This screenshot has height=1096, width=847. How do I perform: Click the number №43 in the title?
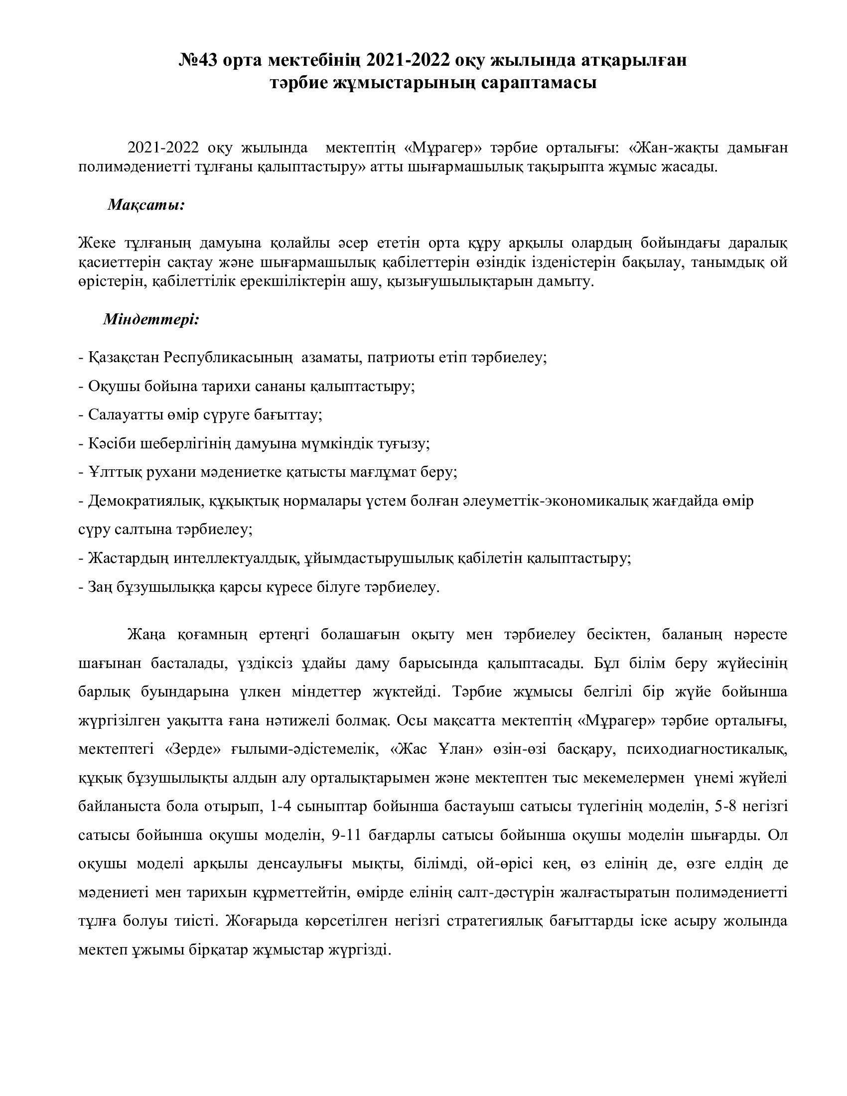coord(197,60)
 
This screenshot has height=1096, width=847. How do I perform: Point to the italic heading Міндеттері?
coord(151,319)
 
